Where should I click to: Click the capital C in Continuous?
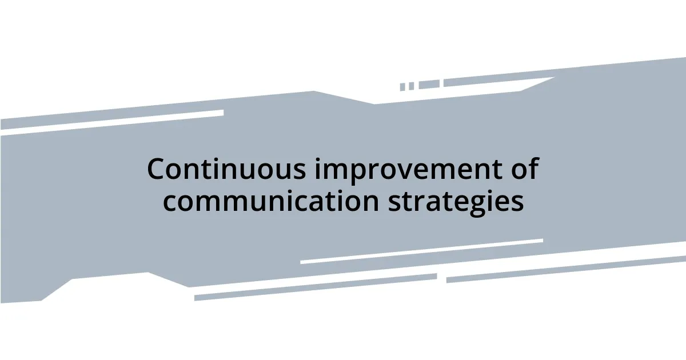click(157, 170)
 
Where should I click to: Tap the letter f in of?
click(534, 169)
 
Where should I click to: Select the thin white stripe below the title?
click(421, 251)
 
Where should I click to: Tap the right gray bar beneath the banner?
click(566, 269)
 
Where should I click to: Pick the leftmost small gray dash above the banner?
click(402, 87)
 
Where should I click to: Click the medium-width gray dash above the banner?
click(429, 85)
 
